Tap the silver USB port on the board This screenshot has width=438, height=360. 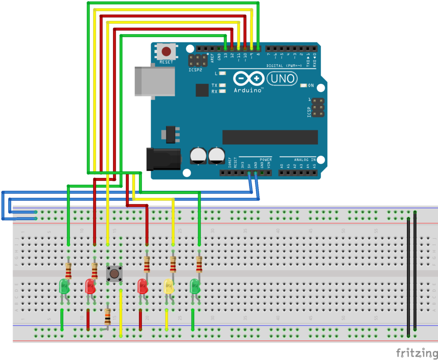pos(154,80)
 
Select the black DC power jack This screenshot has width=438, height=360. pos(163,159)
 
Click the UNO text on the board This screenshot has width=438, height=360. pos(281,79)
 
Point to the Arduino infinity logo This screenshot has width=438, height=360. pos(249,79)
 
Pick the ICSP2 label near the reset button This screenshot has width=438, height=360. pos(195,70)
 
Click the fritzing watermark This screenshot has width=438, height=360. pos(414,353)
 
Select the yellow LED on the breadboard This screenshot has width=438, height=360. pos(169,286)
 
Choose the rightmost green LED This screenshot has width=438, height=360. pos(195,286)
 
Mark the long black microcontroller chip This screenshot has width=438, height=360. pos(270,137)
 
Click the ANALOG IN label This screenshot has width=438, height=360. pos(305,159)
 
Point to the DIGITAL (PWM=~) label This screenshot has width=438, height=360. pos(284,65)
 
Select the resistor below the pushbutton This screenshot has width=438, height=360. pos(107,316)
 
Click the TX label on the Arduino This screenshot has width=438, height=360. pos(214,86)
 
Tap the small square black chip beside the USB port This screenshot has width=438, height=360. pos(202,90)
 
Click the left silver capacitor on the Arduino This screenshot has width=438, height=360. pos(198,156)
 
